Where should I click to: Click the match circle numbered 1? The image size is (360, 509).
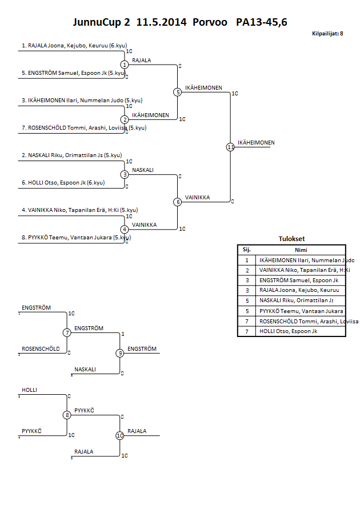tap(124, 65)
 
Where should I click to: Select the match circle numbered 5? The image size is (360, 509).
tap(177, 92)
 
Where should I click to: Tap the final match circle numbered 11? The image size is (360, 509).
tap(230, 147)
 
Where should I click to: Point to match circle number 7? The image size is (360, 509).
tap(67, 332)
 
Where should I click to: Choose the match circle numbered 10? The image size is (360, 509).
tap(119, 435)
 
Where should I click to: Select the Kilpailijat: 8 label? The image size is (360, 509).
tap(327, 34)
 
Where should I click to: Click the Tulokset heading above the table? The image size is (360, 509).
tap(291, 239)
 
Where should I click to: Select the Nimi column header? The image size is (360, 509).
tap(301, 250)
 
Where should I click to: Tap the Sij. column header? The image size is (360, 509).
tap(247, 250)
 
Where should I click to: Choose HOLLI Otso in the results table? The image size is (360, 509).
tap(285, 331)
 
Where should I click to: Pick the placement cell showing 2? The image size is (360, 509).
tap(247, 270)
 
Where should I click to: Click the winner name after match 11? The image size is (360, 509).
tap(256, 143)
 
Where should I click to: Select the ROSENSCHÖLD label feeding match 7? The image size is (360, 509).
tap(41, 349)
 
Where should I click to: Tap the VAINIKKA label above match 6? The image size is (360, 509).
tap(198, 198)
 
